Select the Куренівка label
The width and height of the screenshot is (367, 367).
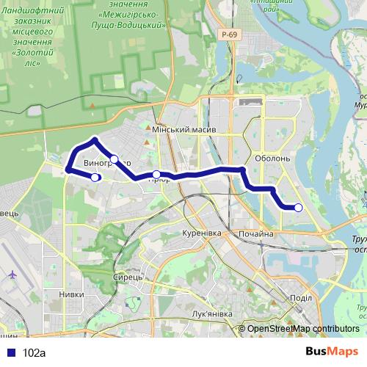point(201,233)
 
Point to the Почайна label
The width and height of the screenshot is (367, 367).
point(255,234)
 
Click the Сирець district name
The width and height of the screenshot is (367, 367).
point(123,277)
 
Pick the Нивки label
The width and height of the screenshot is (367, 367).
point(71,294)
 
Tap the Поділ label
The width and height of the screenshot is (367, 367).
point(301,297)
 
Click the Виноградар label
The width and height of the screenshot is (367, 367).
point(107,162)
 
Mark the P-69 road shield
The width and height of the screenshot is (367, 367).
point(230,34)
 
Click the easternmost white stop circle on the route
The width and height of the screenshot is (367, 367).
point(299,208)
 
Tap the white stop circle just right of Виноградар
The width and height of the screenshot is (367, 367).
point(115,159)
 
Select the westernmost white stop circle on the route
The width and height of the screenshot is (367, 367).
point(95,177)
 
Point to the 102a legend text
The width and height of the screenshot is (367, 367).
point(34,352)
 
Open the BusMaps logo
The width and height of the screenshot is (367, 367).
point(332,352)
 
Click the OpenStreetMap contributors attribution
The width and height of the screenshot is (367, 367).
point(303,330)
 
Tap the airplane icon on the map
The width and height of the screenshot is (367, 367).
point(12,275)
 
